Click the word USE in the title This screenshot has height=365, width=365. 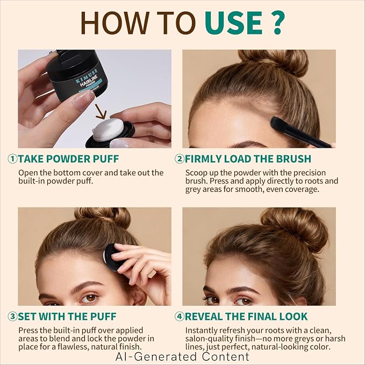pyautogui.click(x=233, y=23)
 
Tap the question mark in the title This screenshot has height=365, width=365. pyautogui.click(x=276, y=23)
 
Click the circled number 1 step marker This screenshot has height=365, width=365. pyautogui.click(x=12, y=159)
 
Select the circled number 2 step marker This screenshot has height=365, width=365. pyautogui.click(x=180, y=159)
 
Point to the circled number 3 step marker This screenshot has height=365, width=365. pyautogui.click(x=12, y=317)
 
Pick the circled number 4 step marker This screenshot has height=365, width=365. pyautogui.click(x=180, y=317)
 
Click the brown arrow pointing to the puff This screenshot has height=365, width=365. pyautogui.click(x=101, y=111)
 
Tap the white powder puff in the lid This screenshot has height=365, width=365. pyautogui.click(x=108, y=130)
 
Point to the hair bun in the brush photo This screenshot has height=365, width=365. pyautogui.click(x=274, y=61)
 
